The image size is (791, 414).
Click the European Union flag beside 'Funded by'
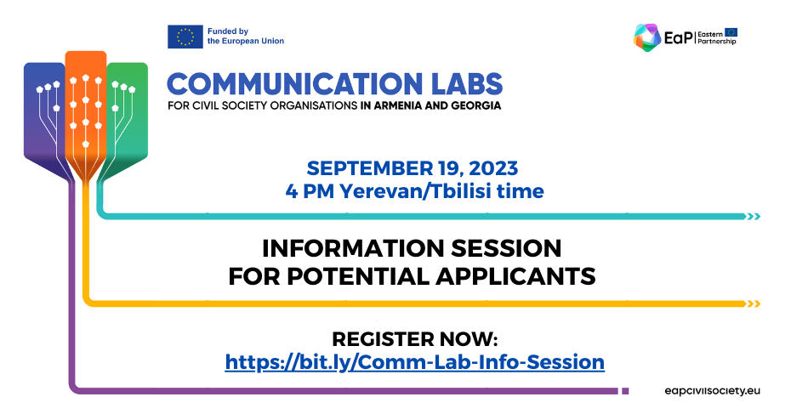(x=185, y=37)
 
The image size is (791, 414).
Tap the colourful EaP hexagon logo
(x=647, y=37)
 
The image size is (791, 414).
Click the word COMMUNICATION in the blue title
(x=294, y=83)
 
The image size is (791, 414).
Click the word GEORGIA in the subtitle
(x=475, y=106)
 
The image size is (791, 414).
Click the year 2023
(x=492, y=168)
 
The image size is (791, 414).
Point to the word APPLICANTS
(x=515, y=276)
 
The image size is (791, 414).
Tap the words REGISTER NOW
(x=415, y=339)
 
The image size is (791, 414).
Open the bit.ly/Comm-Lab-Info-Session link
(x=415, y=362)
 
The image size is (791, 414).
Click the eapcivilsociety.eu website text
(x=712, y=391)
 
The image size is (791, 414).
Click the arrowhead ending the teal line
(x=754, y=216)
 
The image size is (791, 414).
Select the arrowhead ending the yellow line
(x=754, y=303)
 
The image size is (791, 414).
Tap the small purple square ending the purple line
(x=625, y=391)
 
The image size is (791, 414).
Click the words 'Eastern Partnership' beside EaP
(x=717, y=37)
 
